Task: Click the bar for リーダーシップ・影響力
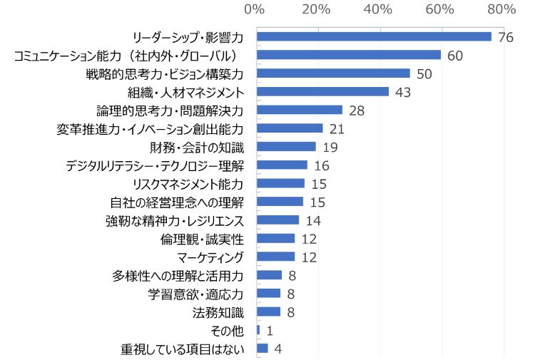(374, 36)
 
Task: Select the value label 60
(456, 55)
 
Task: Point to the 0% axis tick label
(255, 9)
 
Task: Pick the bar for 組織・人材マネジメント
(322, 91)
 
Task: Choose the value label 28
(357, 110)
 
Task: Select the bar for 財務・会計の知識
(286, 146)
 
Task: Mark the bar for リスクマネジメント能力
(280, 183)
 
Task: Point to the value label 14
(313, 220)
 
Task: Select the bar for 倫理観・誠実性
(275, 238)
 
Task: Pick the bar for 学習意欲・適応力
(269, 293)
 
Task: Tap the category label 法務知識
(218, 312)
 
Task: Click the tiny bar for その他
(258, 330)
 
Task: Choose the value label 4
(278, 349)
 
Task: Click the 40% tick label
(378, 9)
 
